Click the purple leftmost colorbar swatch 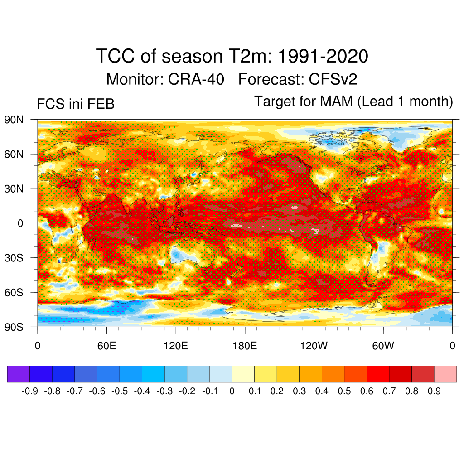pyautogui.click(x=19, y=374)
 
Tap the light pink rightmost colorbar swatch pyautogui.click(x=445, y=374)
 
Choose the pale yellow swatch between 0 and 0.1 pyautogui.click(x=243, y=374)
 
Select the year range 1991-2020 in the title pyautogui.click(x=322, y=57)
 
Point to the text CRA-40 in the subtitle pyautogui.click(x=196, y=80)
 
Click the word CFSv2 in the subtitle pyautogui.click(x=333, y=80)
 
